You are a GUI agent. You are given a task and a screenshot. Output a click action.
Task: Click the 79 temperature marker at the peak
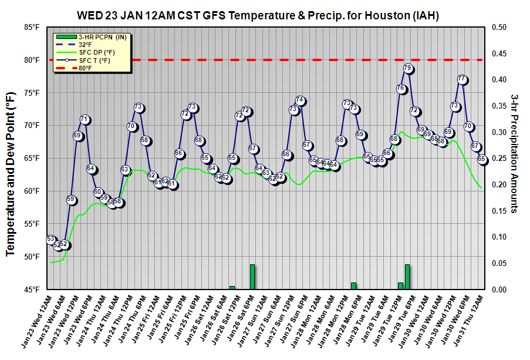(x=407, y=69)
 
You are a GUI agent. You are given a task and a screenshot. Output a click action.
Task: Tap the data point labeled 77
(x=462, y=79)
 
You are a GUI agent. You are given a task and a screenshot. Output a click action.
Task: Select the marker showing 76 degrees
(x=401, y=89)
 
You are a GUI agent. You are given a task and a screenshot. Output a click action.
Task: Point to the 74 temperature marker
(x=300, y=100)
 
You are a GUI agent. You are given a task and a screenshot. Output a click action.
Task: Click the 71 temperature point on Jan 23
(x=85, y=120)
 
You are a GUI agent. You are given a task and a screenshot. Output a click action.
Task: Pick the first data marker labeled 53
(x=50, y=239)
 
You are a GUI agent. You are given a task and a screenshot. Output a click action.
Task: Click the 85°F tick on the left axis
(x=32, y=27)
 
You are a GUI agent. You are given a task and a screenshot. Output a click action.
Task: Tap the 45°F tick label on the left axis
(x=32, y=290)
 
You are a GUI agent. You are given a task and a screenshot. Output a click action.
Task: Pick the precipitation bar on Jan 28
(x=353, y=286)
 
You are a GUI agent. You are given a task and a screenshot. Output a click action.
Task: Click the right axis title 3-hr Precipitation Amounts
(x=514, y=153)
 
